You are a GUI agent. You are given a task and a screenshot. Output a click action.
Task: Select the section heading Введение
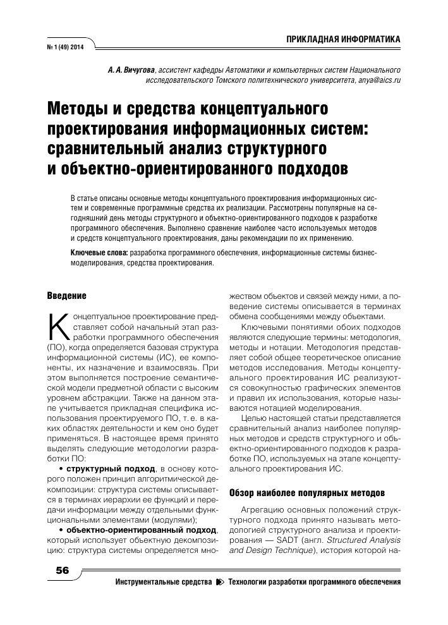pos(66,295)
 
